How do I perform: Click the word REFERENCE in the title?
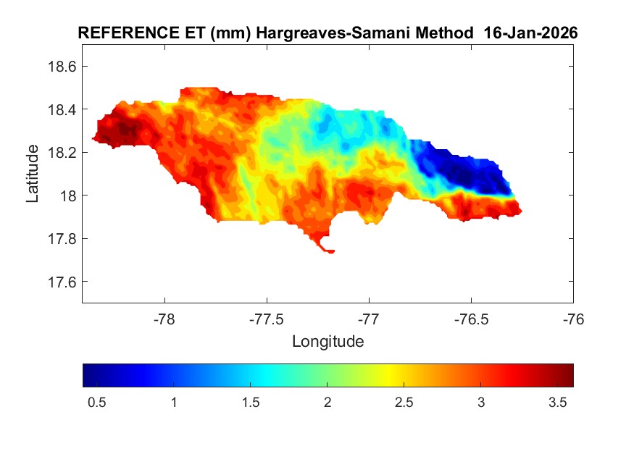[122, 33]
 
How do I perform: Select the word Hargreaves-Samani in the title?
[308, 33]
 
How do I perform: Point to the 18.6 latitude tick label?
[61, 67]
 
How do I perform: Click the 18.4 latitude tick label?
[61, 109]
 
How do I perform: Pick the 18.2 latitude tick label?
[61, 153]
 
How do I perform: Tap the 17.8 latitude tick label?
[61, 239]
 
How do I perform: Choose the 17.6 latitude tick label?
[61, 282]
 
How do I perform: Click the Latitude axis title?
[33, 174]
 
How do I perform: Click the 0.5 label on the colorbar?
[97, 403]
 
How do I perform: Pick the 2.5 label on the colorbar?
[404, 403]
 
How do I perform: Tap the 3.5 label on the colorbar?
[557, 403]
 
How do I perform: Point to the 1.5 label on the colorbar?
[251, 403]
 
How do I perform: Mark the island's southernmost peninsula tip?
[330, 251]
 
